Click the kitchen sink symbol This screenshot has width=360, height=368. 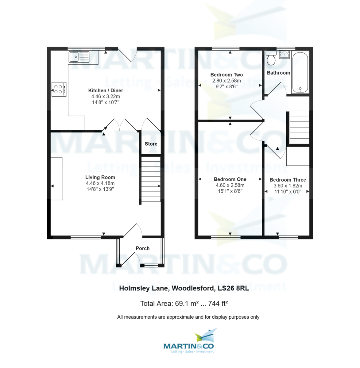[79, 57]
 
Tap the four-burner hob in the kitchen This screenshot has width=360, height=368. [59, 89]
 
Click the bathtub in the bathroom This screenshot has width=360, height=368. [300, 72]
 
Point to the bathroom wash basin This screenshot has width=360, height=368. [284, 55]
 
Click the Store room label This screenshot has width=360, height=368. [151, 144]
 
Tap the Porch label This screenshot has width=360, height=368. [143, 248]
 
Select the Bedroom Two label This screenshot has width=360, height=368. [226, 75]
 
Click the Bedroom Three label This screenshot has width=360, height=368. [288, 180]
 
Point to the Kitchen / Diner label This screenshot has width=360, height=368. [106, 90]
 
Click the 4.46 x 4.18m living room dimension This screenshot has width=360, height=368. [100, 183]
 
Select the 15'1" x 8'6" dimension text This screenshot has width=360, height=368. [230, 191]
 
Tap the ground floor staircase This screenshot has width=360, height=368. [151, 179]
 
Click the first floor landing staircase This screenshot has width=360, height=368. [299, 128]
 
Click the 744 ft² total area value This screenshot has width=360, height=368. [218, 304]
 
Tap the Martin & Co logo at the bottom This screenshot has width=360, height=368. [189, 342]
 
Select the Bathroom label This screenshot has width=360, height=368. [278, 73]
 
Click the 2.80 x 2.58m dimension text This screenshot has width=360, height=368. [226, 81]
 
